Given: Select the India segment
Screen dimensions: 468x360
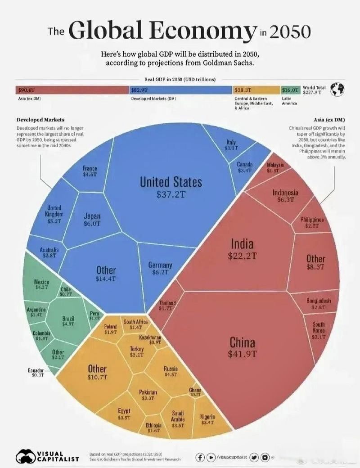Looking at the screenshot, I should [x=242, y=250].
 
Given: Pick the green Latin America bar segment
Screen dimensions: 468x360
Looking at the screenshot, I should [x=290, y=90].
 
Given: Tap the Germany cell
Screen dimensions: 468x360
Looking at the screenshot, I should [x=160, y=269].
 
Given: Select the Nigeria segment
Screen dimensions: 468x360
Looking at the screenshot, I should [x=207, y=419].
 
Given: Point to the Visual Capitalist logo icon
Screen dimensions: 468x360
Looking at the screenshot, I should [x=26, y=456].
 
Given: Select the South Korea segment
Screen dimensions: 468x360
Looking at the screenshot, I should [x=319, y=330].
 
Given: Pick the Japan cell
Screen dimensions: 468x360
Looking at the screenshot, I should [x=92, y=220].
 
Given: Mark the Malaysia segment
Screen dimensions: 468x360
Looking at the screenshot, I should [x=274, y=168].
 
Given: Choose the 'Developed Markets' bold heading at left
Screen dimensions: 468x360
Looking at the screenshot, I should [x=40, y=120].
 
